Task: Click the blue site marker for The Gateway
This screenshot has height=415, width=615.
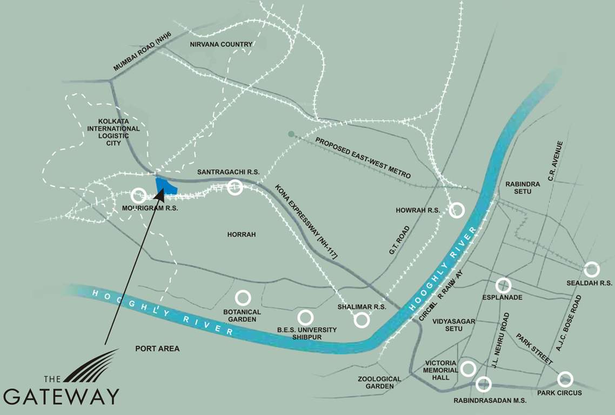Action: [x=166, y=186]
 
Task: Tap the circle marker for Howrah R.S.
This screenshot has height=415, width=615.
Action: [x=457, y=210]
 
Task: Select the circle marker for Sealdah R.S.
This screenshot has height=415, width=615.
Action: [x=592, y=269]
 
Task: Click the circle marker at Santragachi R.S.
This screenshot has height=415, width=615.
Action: [x=235, y=188]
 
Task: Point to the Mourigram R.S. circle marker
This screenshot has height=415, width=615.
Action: [x=138, y=195]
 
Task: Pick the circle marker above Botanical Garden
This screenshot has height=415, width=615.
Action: [x=243, y=298]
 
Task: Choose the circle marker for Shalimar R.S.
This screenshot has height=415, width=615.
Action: [x=362, y=320]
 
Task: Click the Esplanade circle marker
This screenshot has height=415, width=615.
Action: [x=503, y=285]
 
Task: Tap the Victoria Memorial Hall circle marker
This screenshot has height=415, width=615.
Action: [x=468, y=369]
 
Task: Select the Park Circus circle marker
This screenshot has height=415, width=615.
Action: [x=565, y=379]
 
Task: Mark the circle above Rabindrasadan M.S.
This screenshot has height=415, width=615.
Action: [x=484, y=384]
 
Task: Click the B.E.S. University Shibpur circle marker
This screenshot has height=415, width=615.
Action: [x=305, y=317]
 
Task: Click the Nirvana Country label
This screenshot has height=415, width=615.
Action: [x=221, y=44]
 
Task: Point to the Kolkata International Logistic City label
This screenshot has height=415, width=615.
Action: [x=113, y=132]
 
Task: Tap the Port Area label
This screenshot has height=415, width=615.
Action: [x=157, y=349]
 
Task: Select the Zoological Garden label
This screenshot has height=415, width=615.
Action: [x=379, y=383]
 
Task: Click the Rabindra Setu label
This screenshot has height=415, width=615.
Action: [x=523, y=188]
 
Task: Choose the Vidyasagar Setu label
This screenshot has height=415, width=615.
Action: [x=453, y=325]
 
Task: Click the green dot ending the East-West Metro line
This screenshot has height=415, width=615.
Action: [x=291, y=133]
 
